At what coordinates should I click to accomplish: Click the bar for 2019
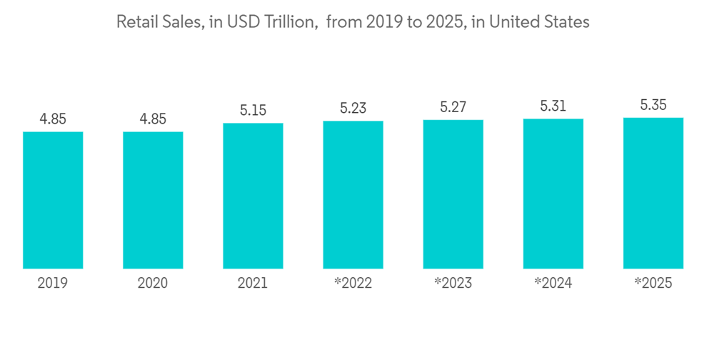[53, 200]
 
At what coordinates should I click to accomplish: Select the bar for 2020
[153, 200]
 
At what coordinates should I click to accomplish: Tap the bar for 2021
[253, 196]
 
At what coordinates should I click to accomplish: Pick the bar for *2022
[353, 194]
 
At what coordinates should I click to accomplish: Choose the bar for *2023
[453, 194]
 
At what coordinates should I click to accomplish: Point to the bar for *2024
[553, 193]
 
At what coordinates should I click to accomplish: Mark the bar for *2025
[653, 193]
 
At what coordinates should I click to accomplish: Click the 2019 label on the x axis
[53, 284]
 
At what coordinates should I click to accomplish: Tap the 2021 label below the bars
[253, 284]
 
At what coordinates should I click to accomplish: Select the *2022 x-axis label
[353, 284]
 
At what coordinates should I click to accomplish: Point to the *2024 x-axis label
[553, 284]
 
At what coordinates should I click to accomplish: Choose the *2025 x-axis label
[653, 284]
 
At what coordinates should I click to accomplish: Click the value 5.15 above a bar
[253, 111]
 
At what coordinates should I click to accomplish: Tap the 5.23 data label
[353, 109]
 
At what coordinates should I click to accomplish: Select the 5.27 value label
[453, 108]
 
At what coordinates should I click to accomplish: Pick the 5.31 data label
[553, 106]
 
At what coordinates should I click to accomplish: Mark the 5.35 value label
[653, 105]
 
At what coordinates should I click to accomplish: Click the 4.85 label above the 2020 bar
[153, 119]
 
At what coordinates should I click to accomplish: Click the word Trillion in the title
[291, 22]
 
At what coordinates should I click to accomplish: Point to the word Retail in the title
[136, 22]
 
